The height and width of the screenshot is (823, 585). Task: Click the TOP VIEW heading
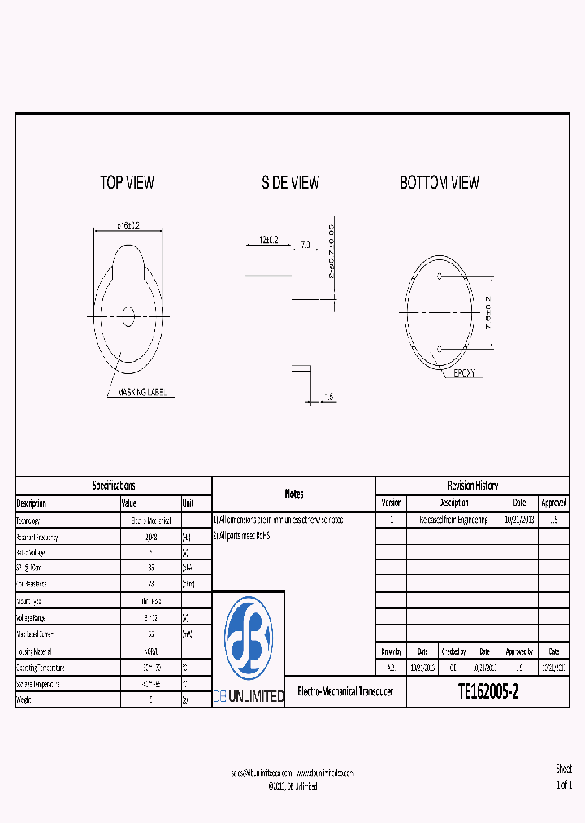pos(127,183)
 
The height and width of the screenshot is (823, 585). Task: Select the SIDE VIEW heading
pos(290,183)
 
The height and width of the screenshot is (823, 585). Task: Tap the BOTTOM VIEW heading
pos(440,183)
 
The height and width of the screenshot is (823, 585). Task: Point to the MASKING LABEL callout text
pos(142,393)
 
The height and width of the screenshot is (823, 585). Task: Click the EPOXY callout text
pos(465,373)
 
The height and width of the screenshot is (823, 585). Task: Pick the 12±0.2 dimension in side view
pos(269,241)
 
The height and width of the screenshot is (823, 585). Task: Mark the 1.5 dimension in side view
pos(328,397)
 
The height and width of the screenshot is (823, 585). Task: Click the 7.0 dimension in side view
pos(305,244)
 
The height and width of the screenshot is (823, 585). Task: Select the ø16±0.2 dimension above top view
pos(128,225)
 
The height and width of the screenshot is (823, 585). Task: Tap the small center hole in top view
pos(128,316)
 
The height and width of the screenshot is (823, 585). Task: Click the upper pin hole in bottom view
pos(440,277)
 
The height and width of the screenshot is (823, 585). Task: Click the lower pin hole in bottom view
pos(440,348)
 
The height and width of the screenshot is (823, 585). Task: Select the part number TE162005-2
pos(487,692)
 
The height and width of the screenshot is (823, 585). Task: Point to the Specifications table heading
pos(114,486)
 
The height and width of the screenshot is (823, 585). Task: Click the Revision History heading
pos(472,486)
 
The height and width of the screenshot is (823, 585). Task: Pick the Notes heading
pos(293,494)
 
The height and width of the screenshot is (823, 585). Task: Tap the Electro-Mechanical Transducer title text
pos(345,692)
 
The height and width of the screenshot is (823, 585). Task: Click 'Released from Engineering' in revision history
pos(453,520)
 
